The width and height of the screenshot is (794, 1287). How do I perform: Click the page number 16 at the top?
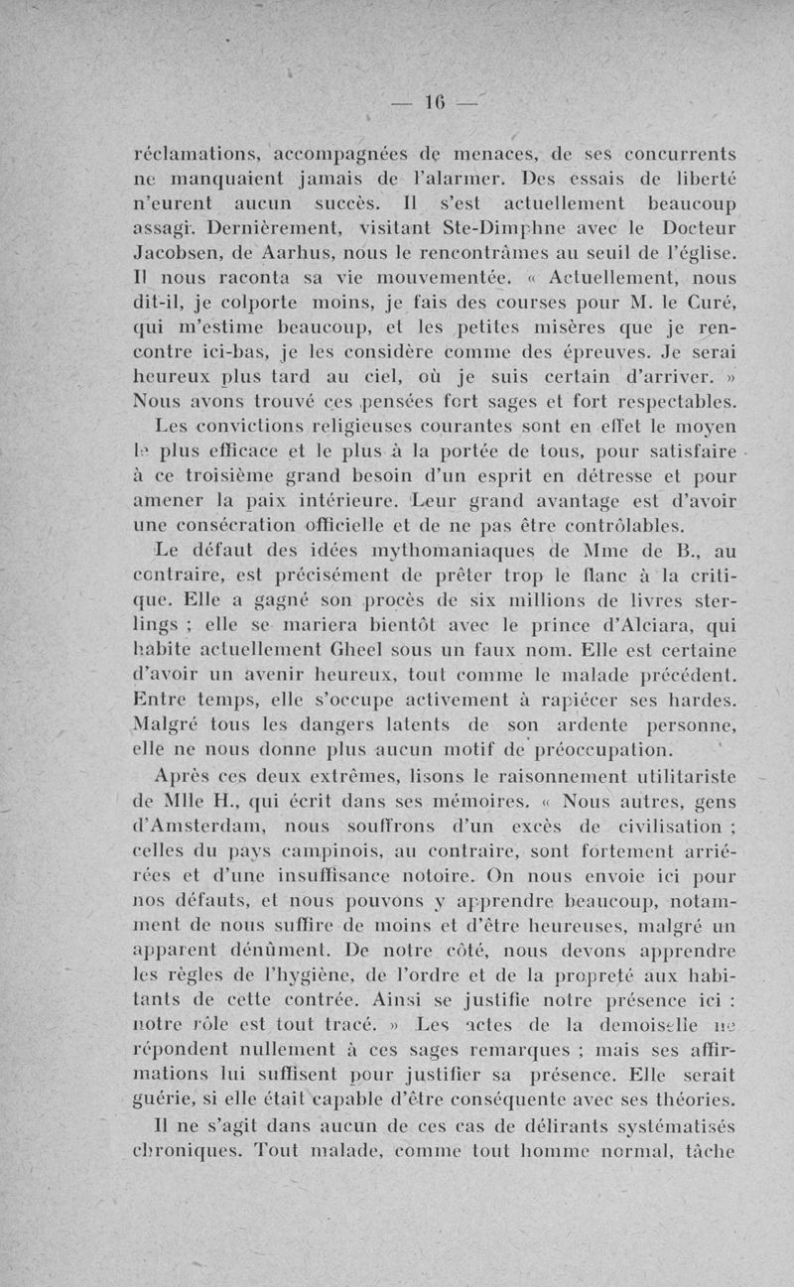pos(436,101)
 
